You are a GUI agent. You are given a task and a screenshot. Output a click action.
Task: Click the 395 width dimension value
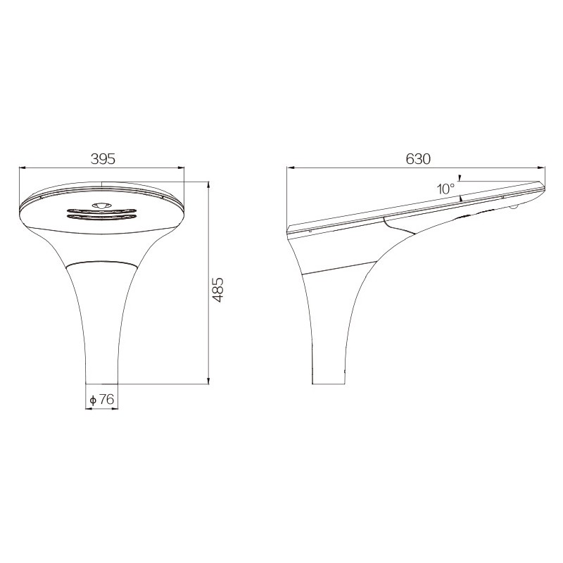coord(103,159)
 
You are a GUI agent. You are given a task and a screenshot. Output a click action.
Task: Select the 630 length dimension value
coord(418,159)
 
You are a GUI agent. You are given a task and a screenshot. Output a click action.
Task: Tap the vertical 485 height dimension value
coord(217,289)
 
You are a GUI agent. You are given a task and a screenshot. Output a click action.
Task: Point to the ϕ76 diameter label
coord(101,399)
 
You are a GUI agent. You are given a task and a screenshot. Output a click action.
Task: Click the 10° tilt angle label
coord(445,189)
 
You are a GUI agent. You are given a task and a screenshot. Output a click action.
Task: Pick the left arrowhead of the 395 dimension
coord(23,167)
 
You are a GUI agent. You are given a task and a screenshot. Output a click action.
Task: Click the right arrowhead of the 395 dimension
coord(181,167)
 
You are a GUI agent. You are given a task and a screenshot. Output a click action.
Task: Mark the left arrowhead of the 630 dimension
coord(290,167)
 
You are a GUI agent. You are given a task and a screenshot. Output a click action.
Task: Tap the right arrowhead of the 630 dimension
coord(541,167)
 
